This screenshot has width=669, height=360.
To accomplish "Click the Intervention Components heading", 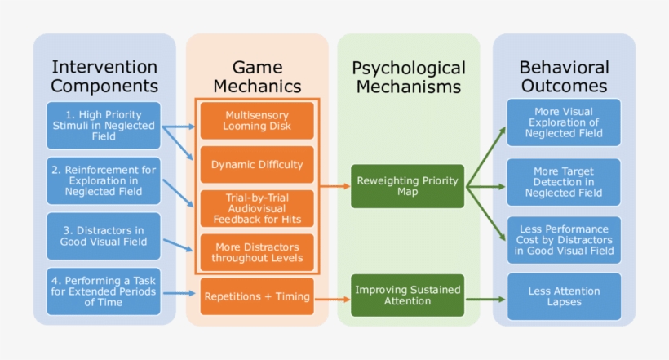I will tap(104, 76).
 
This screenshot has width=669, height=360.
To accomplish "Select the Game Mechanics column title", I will tap(256, 76).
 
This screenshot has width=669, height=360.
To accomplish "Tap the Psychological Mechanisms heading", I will tap(408, 76).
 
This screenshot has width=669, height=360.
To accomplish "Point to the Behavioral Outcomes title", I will tap(563, 76).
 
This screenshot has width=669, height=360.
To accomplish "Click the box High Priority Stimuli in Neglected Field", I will tap(104, 125).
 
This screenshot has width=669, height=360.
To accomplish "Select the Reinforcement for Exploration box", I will tap(104, 180).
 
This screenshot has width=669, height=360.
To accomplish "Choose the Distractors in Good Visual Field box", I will tap(104, 235).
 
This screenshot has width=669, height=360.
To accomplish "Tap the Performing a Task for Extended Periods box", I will tap(104, 291).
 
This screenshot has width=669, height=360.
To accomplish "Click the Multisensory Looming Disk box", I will tap(256, 120).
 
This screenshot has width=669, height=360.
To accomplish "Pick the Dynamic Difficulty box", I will tap(256, 164).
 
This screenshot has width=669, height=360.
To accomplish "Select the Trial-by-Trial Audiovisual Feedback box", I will tap(256, 208).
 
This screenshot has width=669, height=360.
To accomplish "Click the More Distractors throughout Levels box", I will tap(256, 252).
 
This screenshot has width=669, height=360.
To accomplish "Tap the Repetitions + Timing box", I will tap(256, 296).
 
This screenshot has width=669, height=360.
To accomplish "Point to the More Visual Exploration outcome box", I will tap(563, 122).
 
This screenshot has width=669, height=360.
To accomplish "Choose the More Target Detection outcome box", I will tap(563, 181).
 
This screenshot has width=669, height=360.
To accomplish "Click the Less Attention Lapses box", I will tap(563, 296).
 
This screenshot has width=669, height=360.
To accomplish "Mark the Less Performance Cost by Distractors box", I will tap(563, 240).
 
